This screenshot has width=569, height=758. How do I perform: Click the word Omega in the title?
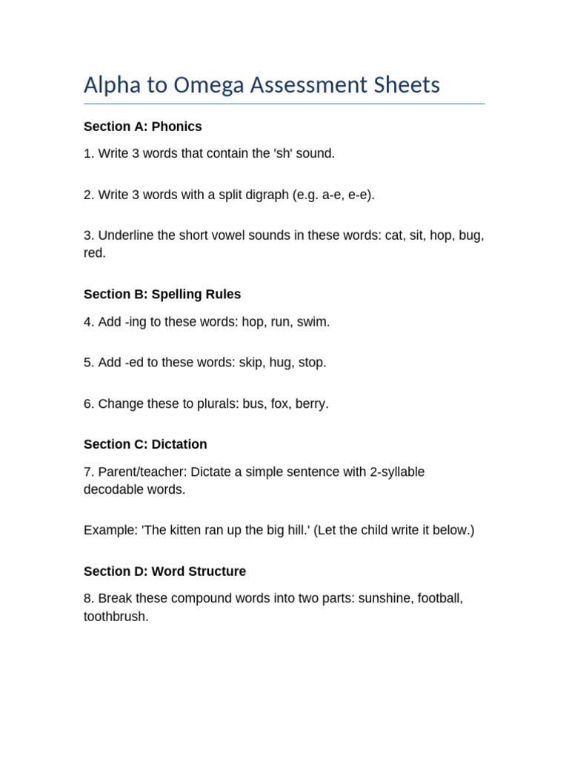tap(207, 86)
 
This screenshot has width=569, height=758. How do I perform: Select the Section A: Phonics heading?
tap(142, 127)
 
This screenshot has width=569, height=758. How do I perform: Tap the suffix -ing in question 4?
tap(135, 322)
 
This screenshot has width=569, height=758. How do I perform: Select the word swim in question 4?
tap(313, 322)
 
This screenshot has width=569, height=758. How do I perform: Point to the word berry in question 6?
tap(311, 404)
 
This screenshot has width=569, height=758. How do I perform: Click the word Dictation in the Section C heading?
tap(179, 444)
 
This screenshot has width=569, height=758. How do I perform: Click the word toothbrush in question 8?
tap(116, 616)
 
